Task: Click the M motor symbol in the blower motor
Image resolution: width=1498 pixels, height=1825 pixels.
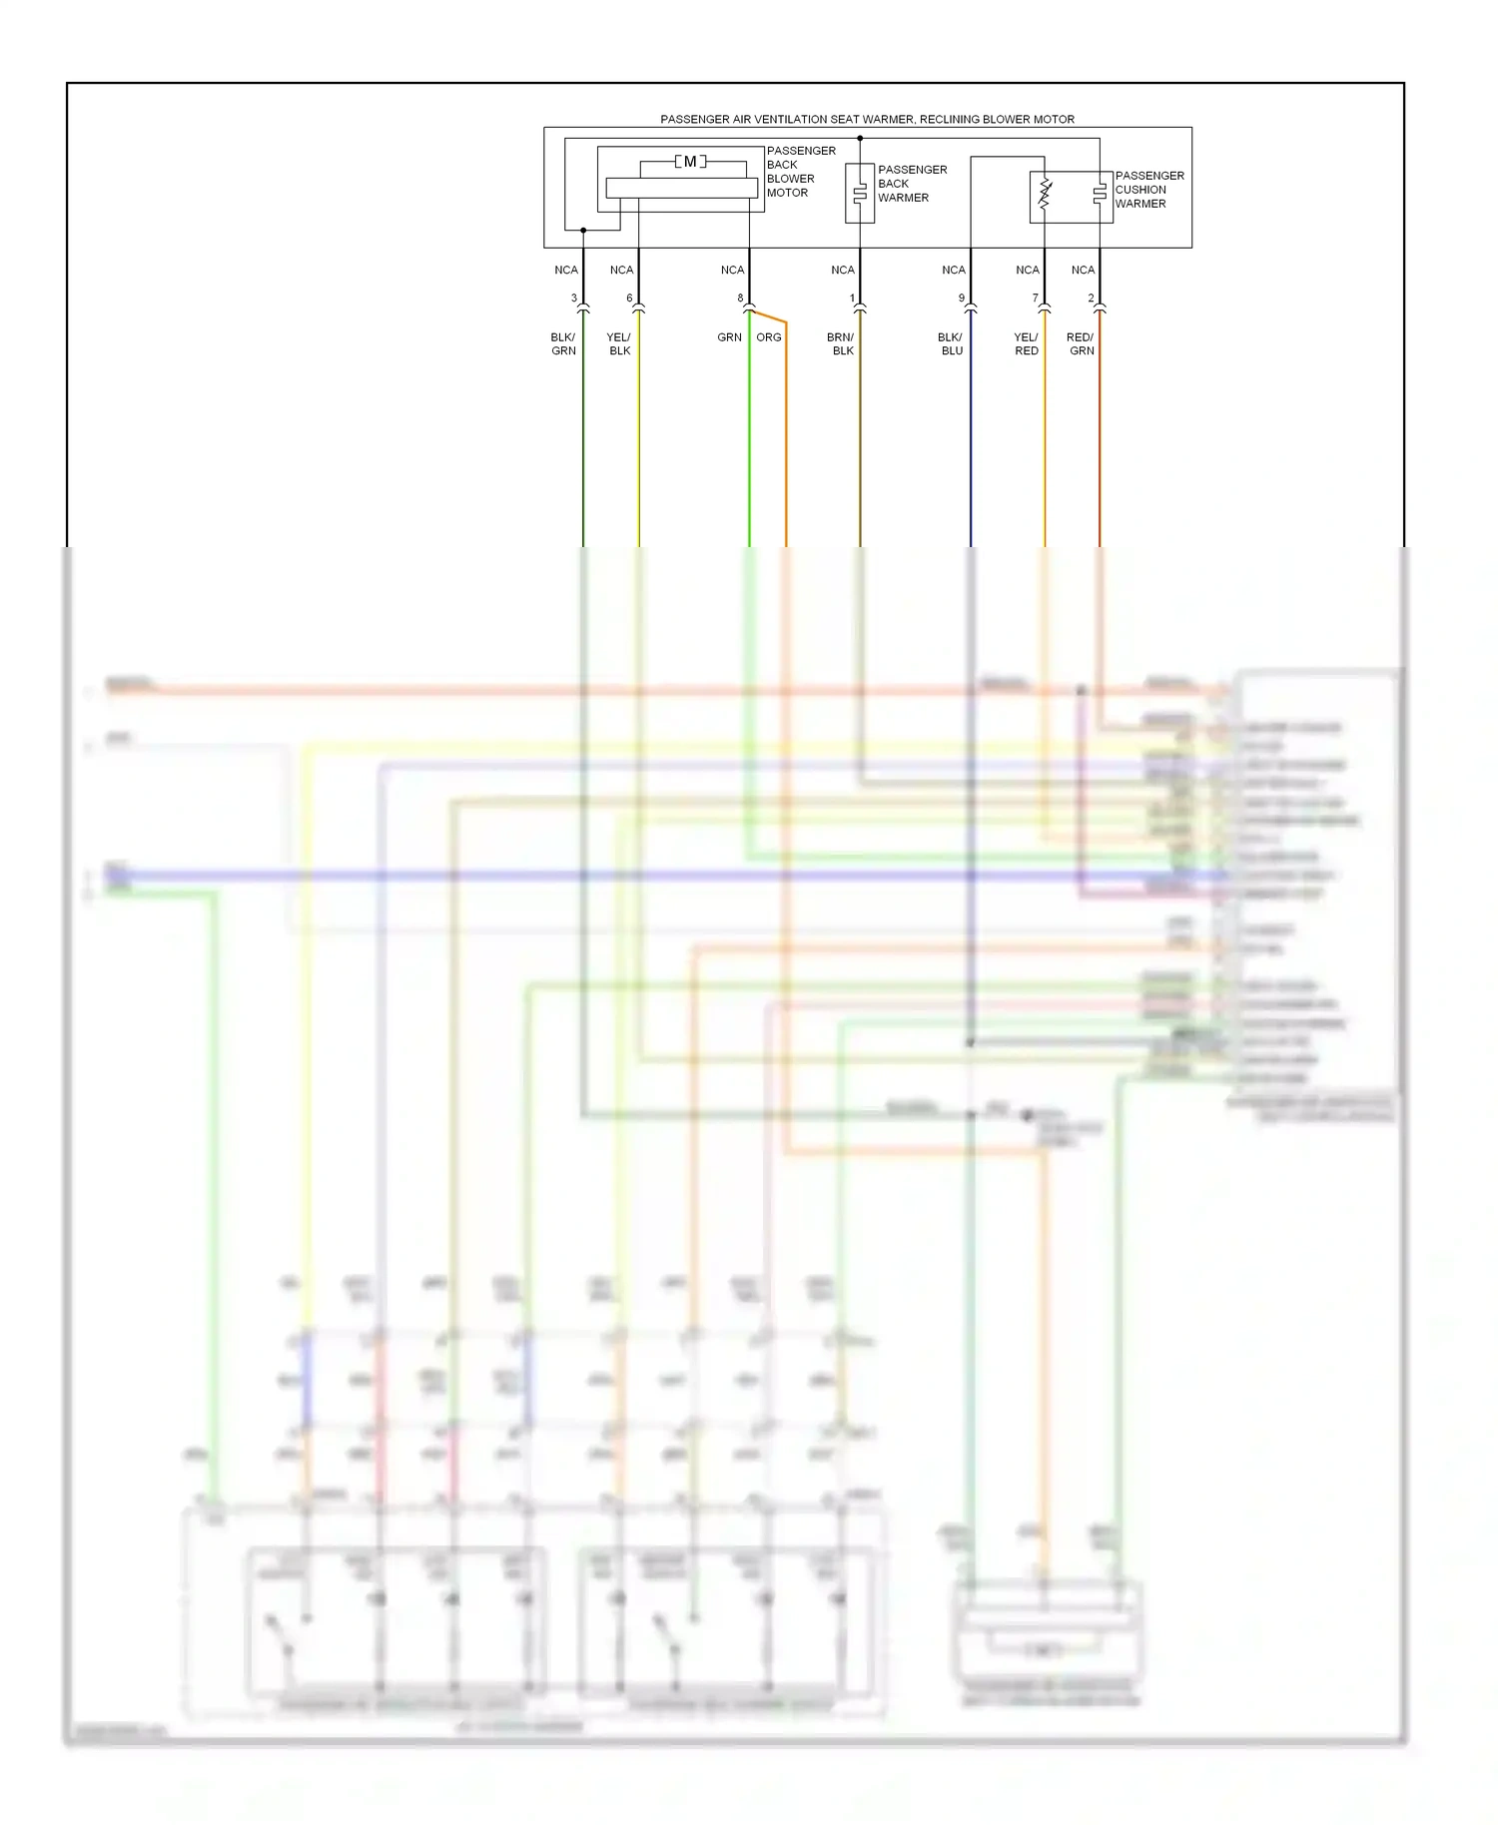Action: coord(690,162)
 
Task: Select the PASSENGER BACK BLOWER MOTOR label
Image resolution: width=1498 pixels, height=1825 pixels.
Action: coord(800,172)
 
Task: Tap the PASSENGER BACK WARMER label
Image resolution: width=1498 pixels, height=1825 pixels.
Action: coord(911,184)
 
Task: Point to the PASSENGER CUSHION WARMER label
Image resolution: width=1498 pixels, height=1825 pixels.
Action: coord(1148,190)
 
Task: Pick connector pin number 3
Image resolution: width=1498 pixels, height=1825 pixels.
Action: coord(574,299)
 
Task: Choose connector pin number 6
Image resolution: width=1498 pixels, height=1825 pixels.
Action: coord(629,299)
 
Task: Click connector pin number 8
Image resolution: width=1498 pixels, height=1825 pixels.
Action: coord(740,299)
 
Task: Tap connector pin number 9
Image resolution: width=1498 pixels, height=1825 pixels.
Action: coord(962,299)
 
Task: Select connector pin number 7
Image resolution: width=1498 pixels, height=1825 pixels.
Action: coord(1036,299)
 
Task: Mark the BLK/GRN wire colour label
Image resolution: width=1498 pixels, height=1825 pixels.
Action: coord(563,344)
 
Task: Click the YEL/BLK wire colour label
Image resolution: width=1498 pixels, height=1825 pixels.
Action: coord(619,344)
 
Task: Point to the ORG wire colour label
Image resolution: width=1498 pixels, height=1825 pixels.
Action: coord(769,337)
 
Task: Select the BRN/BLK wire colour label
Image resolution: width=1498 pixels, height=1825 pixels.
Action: coord(841,344)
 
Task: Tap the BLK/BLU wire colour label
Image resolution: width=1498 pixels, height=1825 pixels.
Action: coord(951,344)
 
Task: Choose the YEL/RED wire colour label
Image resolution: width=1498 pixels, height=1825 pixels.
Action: coord(1027,344)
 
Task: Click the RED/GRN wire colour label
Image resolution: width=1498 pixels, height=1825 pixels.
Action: coord(1081,344)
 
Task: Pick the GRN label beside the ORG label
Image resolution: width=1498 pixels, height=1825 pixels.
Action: coord(729,337)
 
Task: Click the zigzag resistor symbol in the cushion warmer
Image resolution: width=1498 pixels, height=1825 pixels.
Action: coord(1045,194)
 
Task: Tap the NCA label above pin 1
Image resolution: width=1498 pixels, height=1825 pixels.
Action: coord(843,271)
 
